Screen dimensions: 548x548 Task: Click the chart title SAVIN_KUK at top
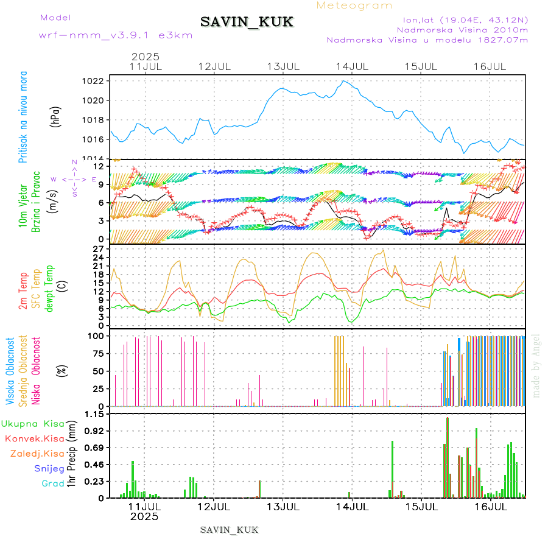coord(247,23)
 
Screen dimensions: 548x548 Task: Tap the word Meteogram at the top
coord(354,5)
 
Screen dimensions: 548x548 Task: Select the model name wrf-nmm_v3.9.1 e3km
coord(116,35)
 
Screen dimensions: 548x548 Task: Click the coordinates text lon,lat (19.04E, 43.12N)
coord(460,19)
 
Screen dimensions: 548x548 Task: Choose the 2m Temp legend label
coord(23,292)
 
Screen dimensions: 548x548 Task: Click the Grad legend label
coord(53,483)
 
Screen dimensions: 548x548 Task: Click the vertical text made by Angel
coord(536,365)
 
